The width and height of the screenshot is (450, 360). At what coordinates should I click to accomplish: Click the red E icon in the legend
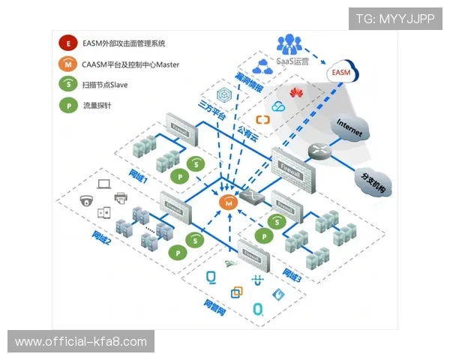(x=68, y=44)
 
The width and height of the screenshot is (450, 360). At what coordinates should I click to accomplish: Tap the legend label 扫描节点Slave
(x=106, y=85)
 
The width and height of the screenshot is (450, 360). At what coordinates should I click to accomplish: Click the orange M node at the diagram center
(x=228, y=202)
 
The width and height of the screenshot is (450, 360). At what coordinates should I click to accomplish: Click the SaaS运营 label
(x=293, y=62)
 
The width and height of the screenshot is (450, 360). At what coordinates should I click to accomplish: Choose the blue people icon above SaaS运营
(x=289, y=43)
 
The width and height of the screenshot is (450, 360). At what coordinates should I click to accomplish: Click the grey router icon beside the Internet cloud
(x=319, y=150)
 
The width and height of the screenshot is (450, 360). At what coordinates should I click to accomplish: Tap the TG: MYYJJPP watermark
(x=394, y=18)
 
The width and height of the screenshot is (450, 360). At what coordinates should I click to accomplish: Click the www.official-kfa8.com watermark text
(x=81, y=342)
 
